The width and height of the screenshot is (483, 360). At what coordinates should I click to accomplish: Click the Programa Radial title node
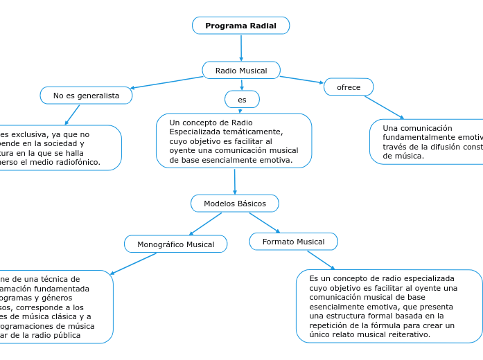(x=240, y=26)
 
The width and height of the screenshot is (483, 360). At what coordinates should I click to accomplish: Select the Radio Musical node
(x=240, y=71)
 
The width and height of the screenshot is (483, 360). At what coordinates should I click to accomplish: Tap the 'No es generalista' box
(x=86, y=96)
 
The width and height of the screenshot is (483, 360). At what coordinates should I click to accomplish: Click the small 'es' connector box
(x=242, y=100)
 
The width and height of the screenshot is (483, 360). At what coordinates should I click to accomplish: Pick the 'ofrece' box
(x=348, y=87)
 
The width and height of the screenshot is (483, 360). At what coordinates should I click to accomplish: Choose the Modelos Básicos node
(x=234, y=204)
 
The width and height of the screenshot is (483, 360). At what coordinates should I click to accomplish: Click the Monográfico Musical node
(x=175, y=244)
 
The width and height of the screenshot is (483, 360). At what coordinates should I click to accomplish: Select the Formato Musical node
(x=293, y=242)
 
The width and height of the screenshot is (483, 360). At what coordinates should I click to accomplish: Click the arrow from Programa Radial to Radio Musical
(x=240, y=48)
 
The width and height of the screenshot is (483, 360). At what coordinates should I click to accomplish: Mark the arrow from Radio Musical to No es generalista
(x=166, y=82)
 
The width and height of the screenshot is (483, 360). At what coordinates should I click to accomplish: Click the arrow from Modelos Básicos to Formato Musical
(x=264, y=222)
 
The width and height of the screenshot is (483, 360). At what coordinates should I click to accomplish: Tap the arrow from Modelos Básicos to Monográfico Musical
(x=205, y=224)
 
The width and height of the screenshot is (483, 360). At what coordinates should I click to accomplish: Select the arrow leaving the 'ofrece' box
(x=384, y=107)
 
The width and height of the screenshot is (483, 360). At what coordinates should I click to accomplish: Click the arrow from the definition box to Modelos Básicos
(x=235, y=181)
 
